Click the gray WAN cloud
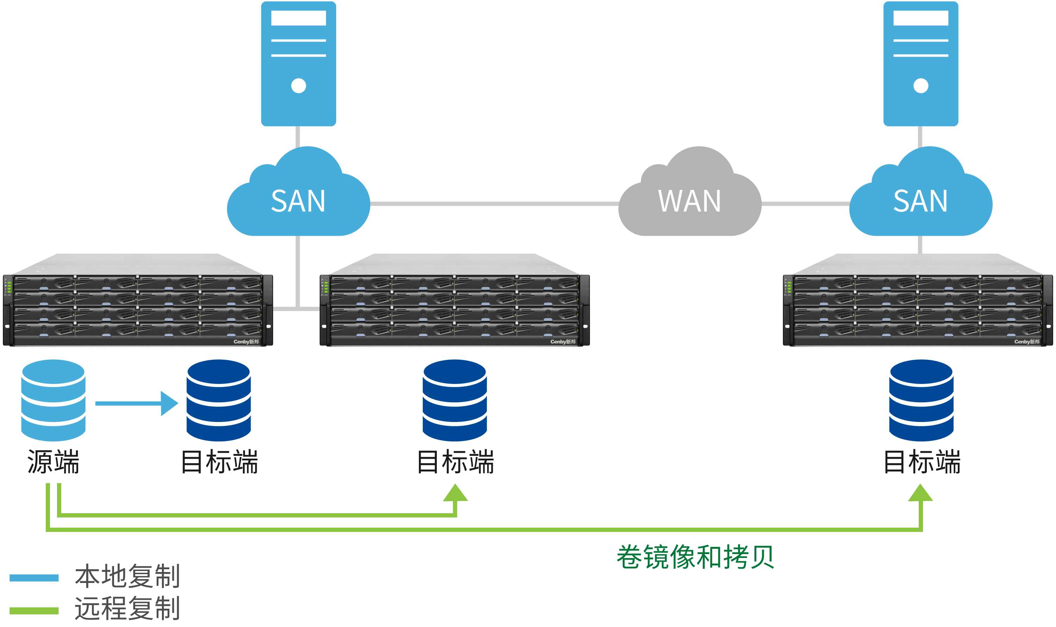(x=690, y=199)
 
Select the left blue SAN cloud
(x=298, y=199)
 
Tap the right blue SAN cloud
(x=920, y=199)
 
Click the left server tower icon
(x=298, y=63)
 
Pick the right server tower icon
(x=921, y=63)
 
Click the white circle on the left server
(x=298, y=86)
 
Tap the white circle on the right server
(x=921, y=86)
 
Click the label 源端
(x=53, y=462)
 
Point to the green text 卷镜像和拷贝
(x=695, y=557)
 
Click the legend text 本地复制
(x=127, y=576)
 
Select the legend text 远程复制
(x=127, y=608)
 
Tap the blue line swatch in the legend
(x=34, y=578)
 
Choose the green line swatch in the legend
(x=34, y=611)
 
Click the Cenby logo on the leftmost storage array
(x=246, y=342)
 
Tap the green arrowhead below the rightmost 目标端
(x=920, y=493)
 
